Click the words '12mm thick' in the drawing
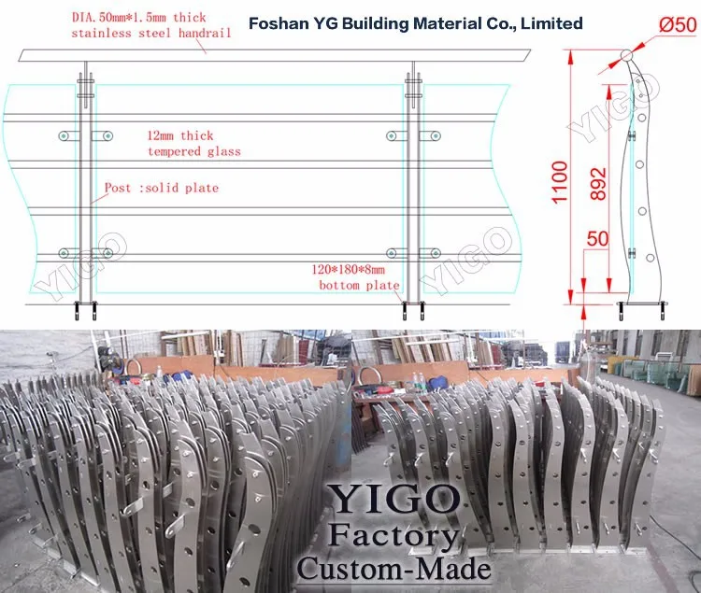pyautogui.click(x=180, y=135)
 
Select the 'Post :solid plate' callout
pyautogui.click(x=162, y=188)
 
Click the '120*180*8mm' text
pyautogui.click(x=356, y=269)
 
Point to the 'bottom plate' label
pyautogui.click(x=359, y=285)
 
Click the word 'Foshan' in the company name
pyautogui.click(x=277, y=23)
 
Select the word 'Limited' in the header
pyautogui.click(x=551, y=23)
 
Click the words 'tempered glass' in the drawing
pyautogui.click(x=193, y=151)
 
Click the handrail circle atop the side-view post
pyautogui.click(x=627, y=55)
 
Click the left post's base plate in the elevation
pyautogui.click(x=85, y=304)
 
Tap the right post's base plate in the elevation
pyautogui.click(x=412, y=304)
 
